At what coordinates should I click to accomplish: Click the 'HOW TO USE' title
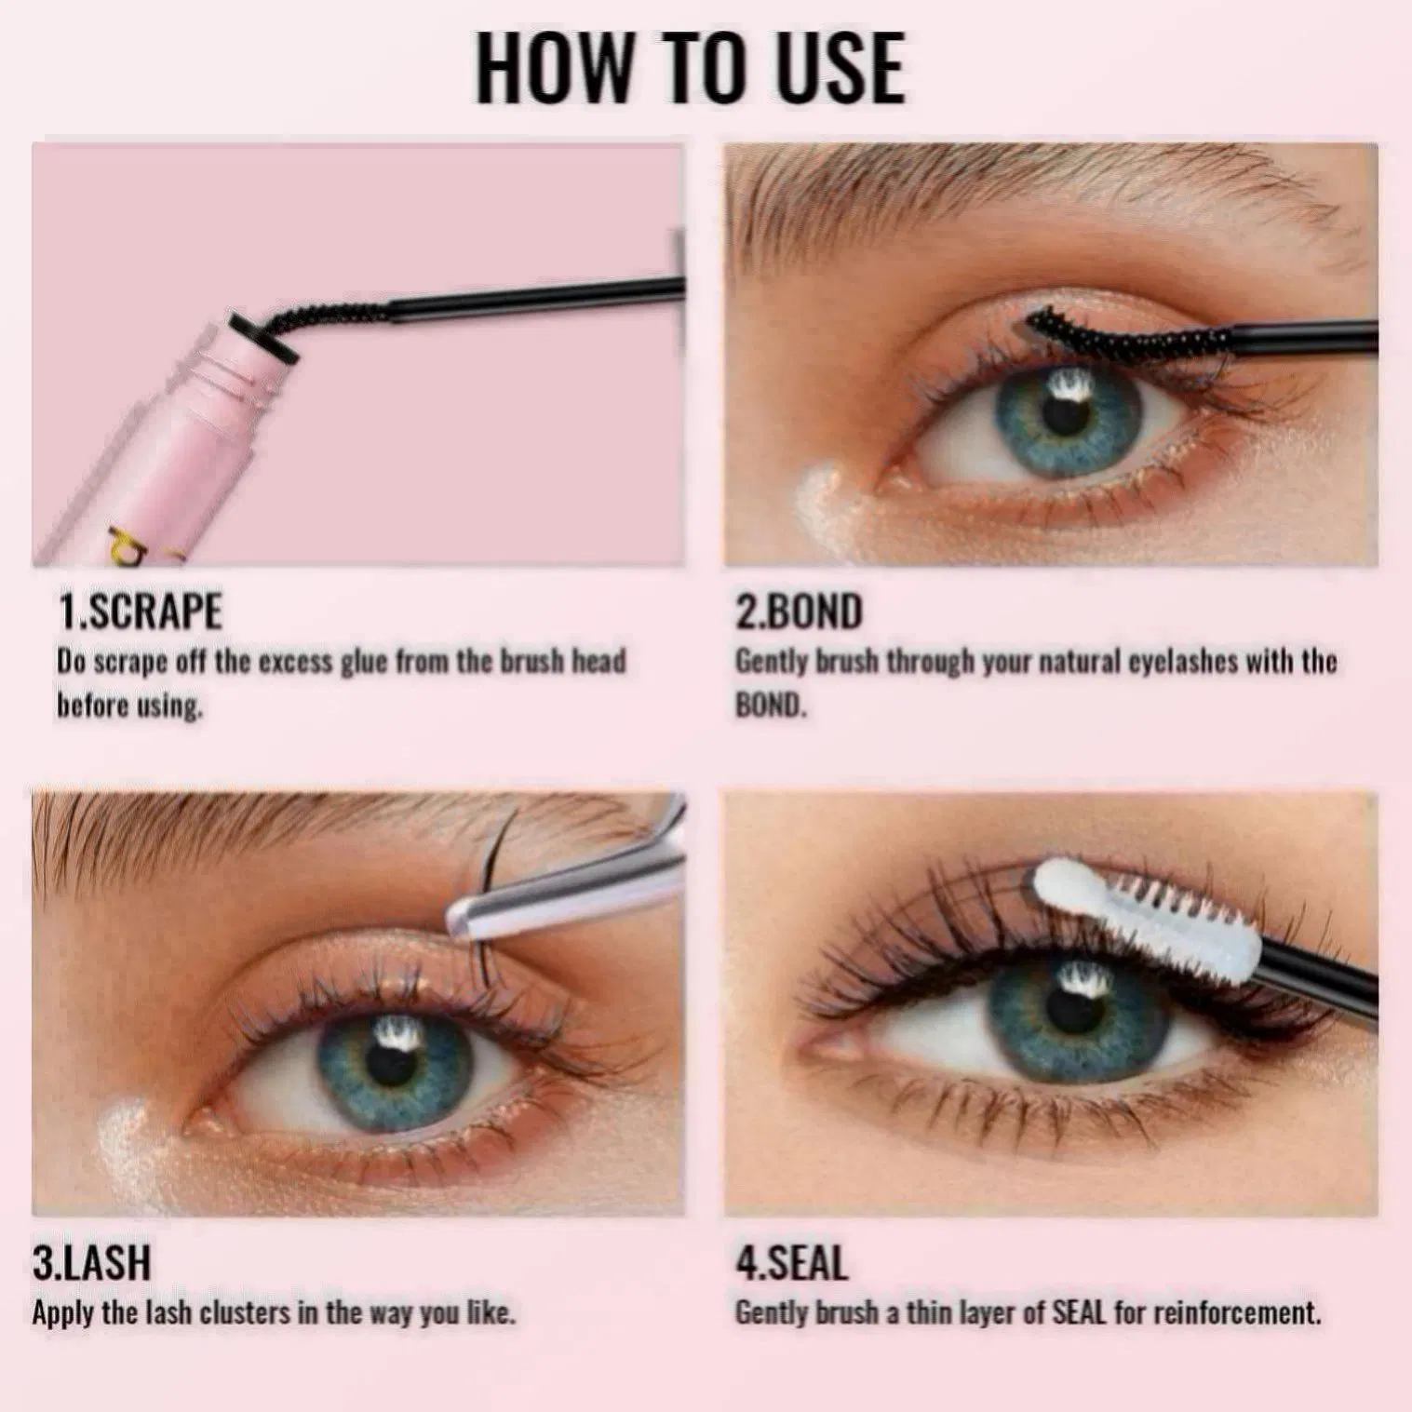690,69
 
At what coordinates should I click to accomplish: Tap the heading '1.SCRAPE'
141,612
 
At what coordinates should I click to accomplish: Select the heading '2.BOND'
799,612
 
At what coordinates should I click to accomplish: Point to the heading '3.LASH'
91,1263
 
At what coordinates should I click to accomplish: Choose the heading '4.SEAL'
791,1263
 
